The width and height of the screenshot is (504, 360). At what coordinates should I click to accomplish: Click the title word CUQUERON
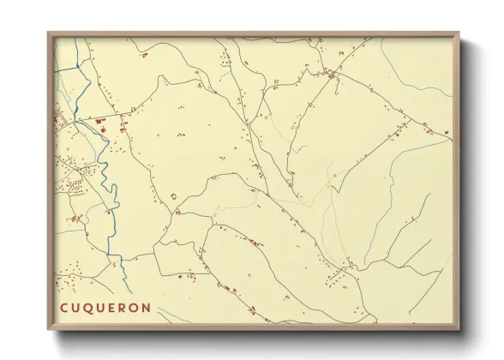point(105,308)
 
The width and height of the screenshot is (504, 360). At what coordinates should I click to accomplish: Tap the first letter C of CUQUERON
point(64,308)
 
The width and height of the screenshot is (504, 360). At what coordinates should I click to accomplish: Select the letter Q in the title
point(88,308)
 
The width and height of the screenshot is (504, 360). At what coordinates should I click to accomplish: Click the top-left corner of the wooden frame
point(48,33)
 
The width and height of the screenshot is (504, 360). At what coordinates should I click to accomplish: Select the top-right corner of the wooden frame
point(460,33)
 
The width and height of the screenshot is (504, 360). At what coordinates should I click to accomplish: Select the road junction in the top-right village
point(331,77)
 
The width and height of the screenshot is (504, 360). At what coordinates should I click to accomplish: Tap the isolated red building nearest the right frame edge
point(446,130)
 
